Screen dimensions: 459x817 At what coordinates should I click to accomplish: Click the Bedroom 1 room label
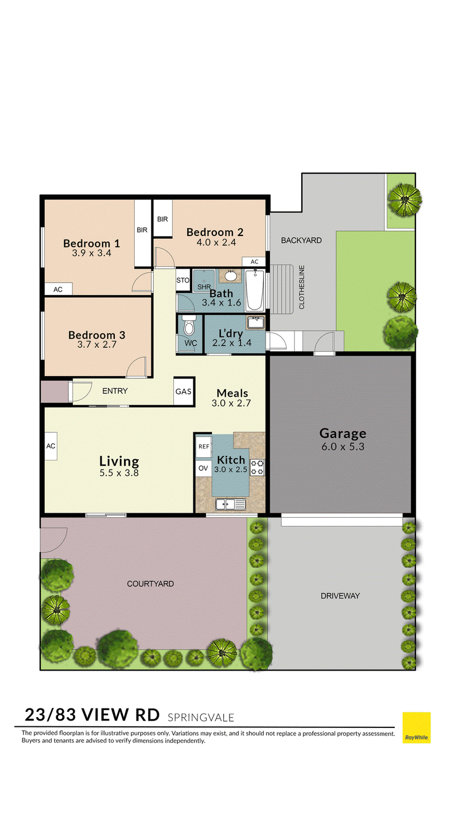coord(91,243)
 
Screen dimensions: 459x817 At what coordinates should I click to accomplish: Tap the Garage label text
coord(343,433)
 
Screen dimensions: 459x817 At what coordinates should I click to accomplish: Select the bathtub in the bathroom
coord(255,290)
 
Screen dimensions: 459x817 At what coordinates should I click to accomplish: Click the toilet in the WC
coord(189,326)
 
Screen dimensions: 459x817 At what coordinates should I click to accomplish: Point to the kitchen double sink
coord(231,504)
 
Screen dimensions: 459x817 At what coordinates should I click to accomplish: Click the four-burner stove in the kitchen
coord(258,467)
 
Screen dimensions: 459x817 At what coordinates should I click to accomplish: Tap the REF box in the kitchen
coord(204,447)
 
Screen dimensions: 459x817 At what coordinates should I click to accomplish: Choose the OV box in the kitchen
coord(204,468)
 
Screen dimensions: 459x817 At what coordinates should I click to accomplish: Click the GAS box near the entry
coord(184,392)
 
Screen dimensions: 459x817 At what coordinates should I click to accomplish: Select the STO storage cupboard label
coord(183,280)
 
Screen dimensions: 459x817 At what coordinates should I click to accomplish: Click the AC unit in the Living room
coord(50,446)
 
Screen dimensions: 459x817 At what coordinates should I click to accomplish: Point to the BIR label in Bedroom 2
coord(162,219)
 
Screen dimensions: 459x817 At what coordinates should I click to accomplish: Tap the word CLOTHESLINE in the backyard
coord(301,287)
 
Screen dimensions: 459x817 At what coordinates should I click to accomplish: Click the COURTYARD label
coord(150,583)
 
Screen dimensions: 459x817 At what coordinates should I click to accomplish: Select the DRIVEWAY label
coord(340,595)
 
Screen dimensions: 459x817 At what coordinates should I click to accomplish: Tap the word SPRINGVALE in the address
coord(201,718)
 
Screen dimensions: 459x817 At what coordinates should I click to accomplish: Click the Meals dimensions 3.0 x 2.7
coord(231,403)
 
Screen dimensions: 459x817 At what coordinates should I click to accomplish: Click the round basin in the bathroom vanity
coord(231,276)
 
